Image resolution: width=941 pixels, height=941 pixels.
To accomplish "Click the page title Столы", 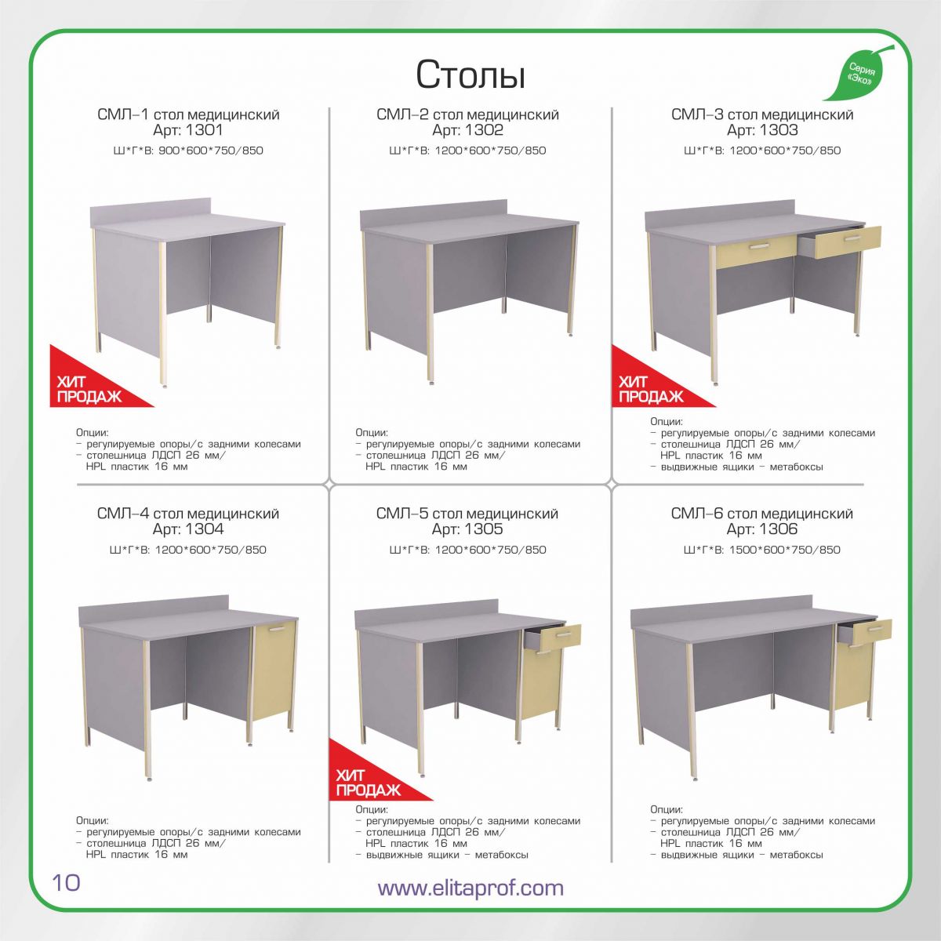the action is coord(470,75).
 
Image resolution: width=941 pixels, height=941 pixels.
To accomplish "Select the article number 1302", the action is coord(484,130).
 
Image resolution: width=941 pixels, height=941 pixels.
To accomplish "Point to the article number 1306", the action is coord(779,529).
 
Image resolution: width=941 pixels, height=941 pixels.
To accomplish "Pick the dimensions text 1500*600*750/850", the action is coord(785,550).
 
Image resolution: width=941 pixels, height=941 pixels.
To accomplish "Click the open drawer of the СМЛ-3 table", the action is coord(841,242).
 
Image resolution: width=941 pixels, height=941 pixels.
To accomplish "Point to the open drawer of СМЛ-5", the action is coord(554,638).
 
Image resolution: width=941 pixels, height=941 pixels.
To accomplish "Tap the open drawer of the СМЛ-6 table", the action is coord(865,632).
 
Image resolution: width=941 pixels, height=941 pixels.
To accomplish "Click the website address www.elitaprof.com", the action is coord(470,887).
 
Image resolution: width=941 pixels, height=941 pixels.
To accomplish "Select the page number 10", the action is coord(66,883).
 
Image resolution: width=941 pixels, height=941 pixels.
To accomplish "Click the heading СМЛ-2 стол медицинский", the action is coord(467,114).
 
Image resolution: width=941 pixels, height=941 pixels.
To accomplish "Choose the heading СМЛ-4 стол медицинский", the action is coord(188,514).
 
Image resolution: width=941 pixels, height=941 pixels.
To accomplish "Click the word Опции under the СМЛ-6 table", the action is coord(667,809).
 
